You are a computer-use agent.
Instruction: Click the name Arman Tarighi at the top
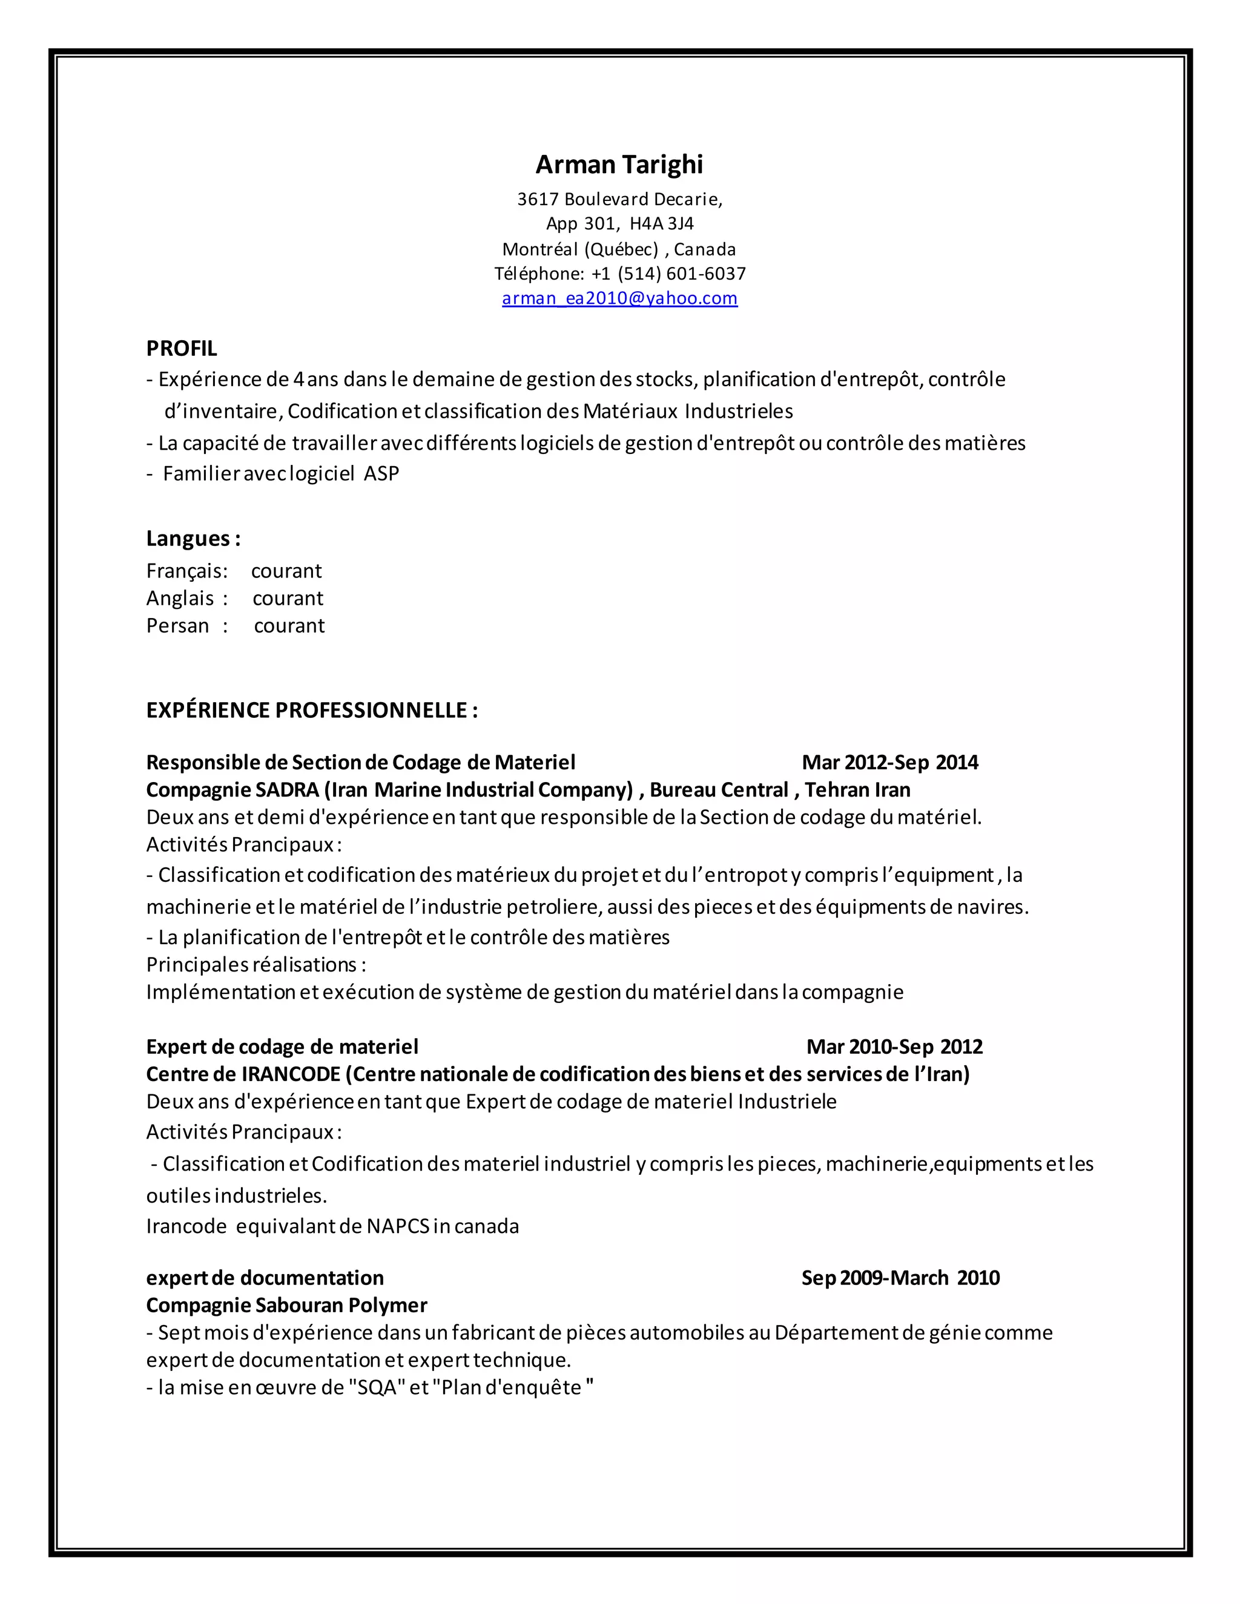(x=619, y=165)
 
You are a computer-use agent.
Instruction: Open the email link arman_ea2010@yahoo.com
(x=619, y=298)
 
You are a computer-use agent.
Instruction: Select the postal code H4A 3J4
(x=661, y=223)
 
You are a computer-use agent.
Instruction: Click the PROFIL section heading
(x=182, y=348)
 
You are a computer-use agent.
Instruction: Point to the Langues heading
(x=193, y=538)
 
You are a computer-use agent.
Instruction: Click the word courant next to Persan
(x=289, y=626)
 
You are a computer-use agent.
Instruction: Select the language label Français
(x=186, y=571)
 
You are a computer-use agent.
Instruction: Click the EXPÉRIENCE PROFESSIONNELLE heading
(x=311, y=710)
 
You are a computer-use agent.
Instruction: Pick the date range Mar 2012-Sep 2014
(x=889, y=762)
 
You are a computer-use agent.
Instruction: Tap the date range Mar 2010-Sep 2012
(x=894, y=1047)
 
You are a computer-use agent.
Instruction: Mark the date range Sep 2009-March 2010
(x=900, y=1278)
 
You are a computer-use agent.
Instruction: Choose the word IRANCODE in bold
(x=291, y=1074)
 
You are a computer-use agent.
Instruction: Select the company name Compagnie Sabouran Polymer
(x=286, y=1305)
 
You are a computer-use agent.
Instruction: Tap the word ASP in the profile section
(x=381, y=474)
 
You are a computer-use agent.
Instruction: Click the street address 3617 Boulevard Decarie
(x=619, y=199)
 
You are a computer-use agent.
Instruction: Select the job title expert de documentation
(x=265, y=1278)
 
